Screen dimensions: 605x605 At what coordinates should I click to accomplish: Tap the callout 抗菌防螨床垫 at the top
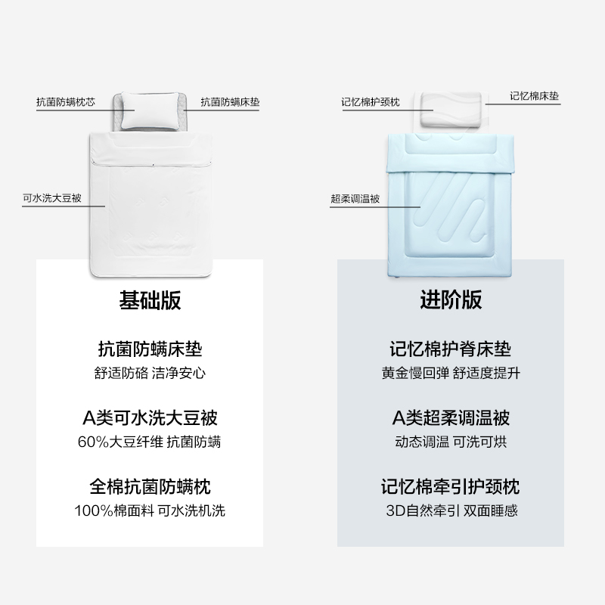point(230,101)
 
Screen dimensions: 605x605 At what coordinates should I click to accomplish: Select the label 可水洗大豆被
point(51,200)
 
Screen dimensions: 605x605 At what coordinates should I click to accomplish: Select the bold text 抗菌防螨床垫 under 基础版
point(150,350)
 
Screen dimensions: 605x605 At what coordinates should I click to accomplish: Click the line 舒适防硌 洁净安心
point(150,373)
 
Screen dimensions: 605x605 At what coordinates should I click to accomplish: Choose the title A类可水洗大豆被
point(150,418)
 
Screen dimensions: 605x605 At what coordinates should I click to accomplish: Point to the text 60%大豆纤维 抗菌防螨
point(150,442)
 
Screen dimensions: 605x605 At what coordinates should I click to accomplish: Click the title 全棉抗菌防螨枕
point(150,486)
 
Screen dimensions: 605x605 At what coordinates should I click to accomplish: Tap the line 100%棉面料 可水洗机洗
point(150,510)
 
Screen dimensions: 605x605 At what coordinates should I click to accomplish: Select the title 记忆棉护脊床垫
point(451,350)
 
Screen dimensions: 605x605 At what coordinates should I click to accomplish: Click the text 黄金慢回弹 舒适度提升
point(451,373)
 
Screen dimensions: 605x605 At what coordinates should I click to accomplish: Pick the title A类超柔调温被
point(451,418)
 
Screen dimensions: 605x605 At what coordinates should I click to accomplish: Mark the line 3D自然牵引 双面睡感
point(451,510)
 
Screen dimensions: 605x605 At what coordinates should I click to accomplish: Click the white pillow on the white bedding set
point(150,107)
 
